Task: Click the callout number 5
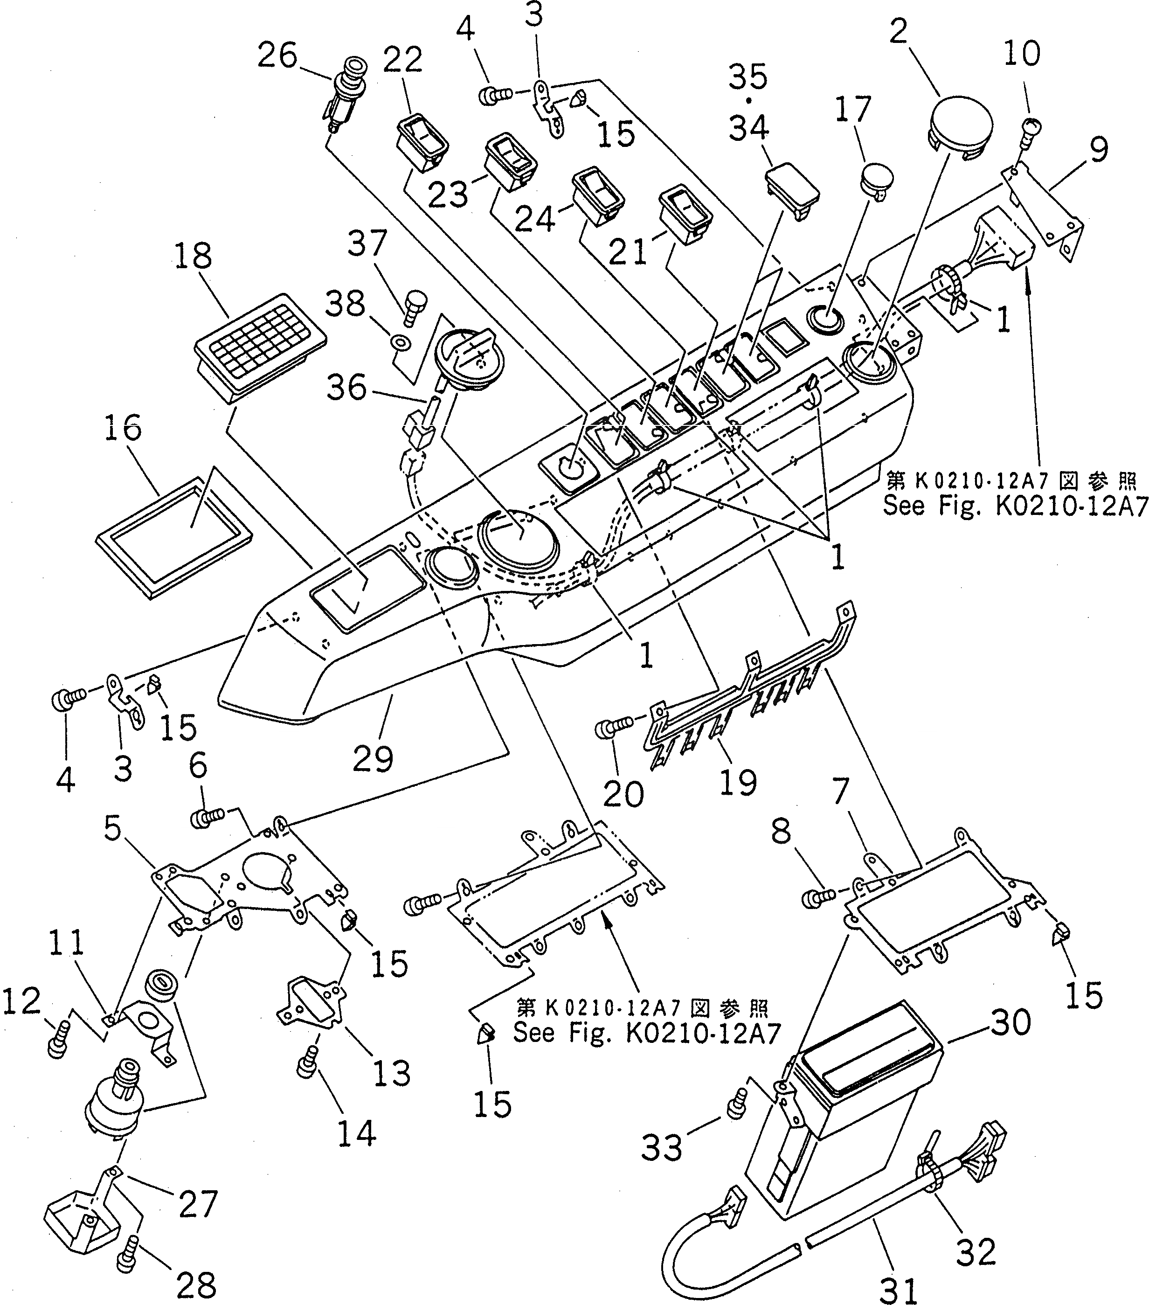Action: [x=112, y=828]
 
